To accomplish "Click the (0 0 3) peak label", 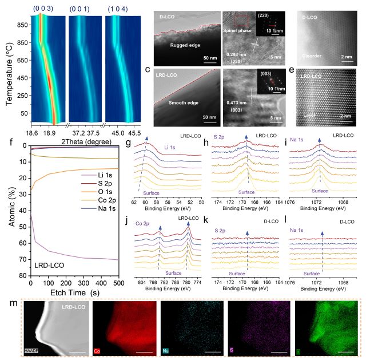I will click(x=44, y=8).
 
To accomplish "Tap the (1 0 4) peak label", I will click(x=117, y=8).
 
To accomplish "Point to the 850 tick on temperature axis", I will click(x=25, y=25).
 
